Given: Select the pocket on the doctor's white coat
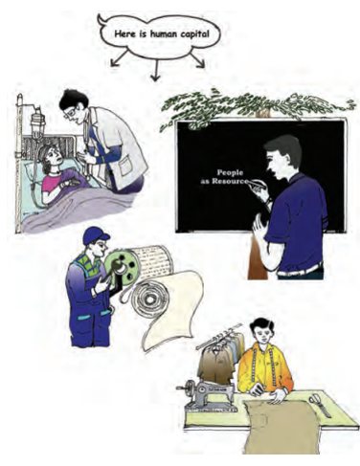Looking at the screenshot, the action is tap(125, 168).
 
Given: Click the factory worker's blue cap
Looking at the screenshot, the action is tap(96, 234).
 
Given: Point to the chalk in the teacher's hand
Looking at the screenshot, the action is tap(254, 183).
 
